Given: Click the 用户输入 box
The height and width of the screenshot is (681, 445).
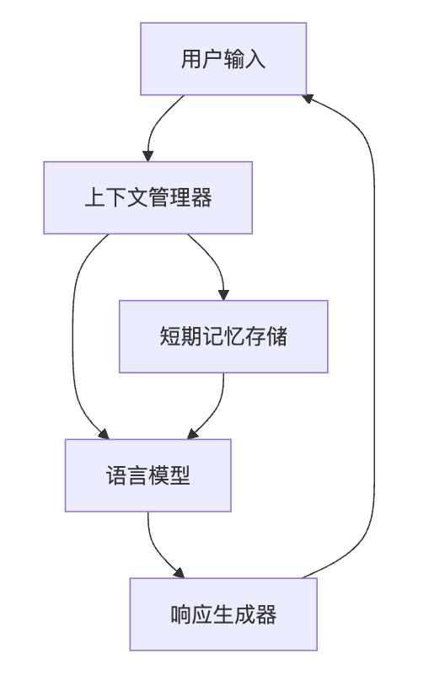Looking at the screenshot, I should pos(223,59).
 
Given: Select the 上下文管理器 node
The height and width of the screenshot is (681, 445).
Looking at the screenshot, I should pos(148,197).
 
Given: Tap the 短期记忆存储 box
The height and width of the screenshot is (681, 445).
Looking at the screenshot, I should pos(223,336).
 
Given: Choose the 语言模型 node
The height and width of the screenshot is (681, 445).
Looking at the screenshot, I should pos(148,475).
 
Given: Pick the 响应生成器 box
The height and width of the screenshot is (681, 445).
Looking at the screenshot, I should pos(223,614).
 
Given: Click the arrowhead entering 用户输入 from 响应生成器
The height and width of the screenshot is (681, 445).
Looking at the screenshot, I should pos(308,98).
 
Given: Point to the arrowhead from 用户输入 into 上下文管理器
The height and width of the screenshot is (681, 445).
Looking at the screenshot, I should pos(148,156).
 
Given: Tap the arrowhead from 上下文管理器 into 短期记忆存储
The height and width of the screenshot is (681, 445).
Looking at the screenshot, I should pos(223,294).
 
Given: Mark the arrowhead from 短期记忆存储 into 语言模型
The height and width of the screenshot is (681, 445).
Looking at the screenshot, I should pos(193,434).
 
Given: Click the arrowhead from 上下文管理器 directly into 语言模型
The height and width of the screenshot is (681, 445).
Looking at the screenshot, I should pos(104,434).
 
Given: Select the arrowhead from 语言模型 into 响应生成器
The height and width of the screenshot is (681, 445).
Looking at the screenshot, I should pos(179,573).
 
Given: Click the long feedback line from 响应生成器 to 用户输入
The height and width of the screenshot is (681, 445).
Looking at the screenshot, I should pos(374,337).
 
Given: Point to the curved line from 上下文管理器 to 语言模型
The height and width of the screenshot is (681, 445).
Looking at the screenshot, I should pos(74,337).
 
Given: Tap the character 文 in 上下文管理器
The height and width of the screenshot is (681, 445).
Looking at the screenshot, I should pos(137,197).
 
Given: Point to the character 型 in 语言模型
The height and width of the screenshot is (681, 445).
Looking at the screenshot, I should pos(180,475).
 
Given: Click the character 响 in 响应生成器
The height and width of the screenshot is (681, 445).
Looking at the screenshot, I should pos(180,614).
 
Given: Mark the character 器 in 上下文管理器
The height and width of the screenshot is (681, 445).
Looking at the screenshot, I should pos(201,197).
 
